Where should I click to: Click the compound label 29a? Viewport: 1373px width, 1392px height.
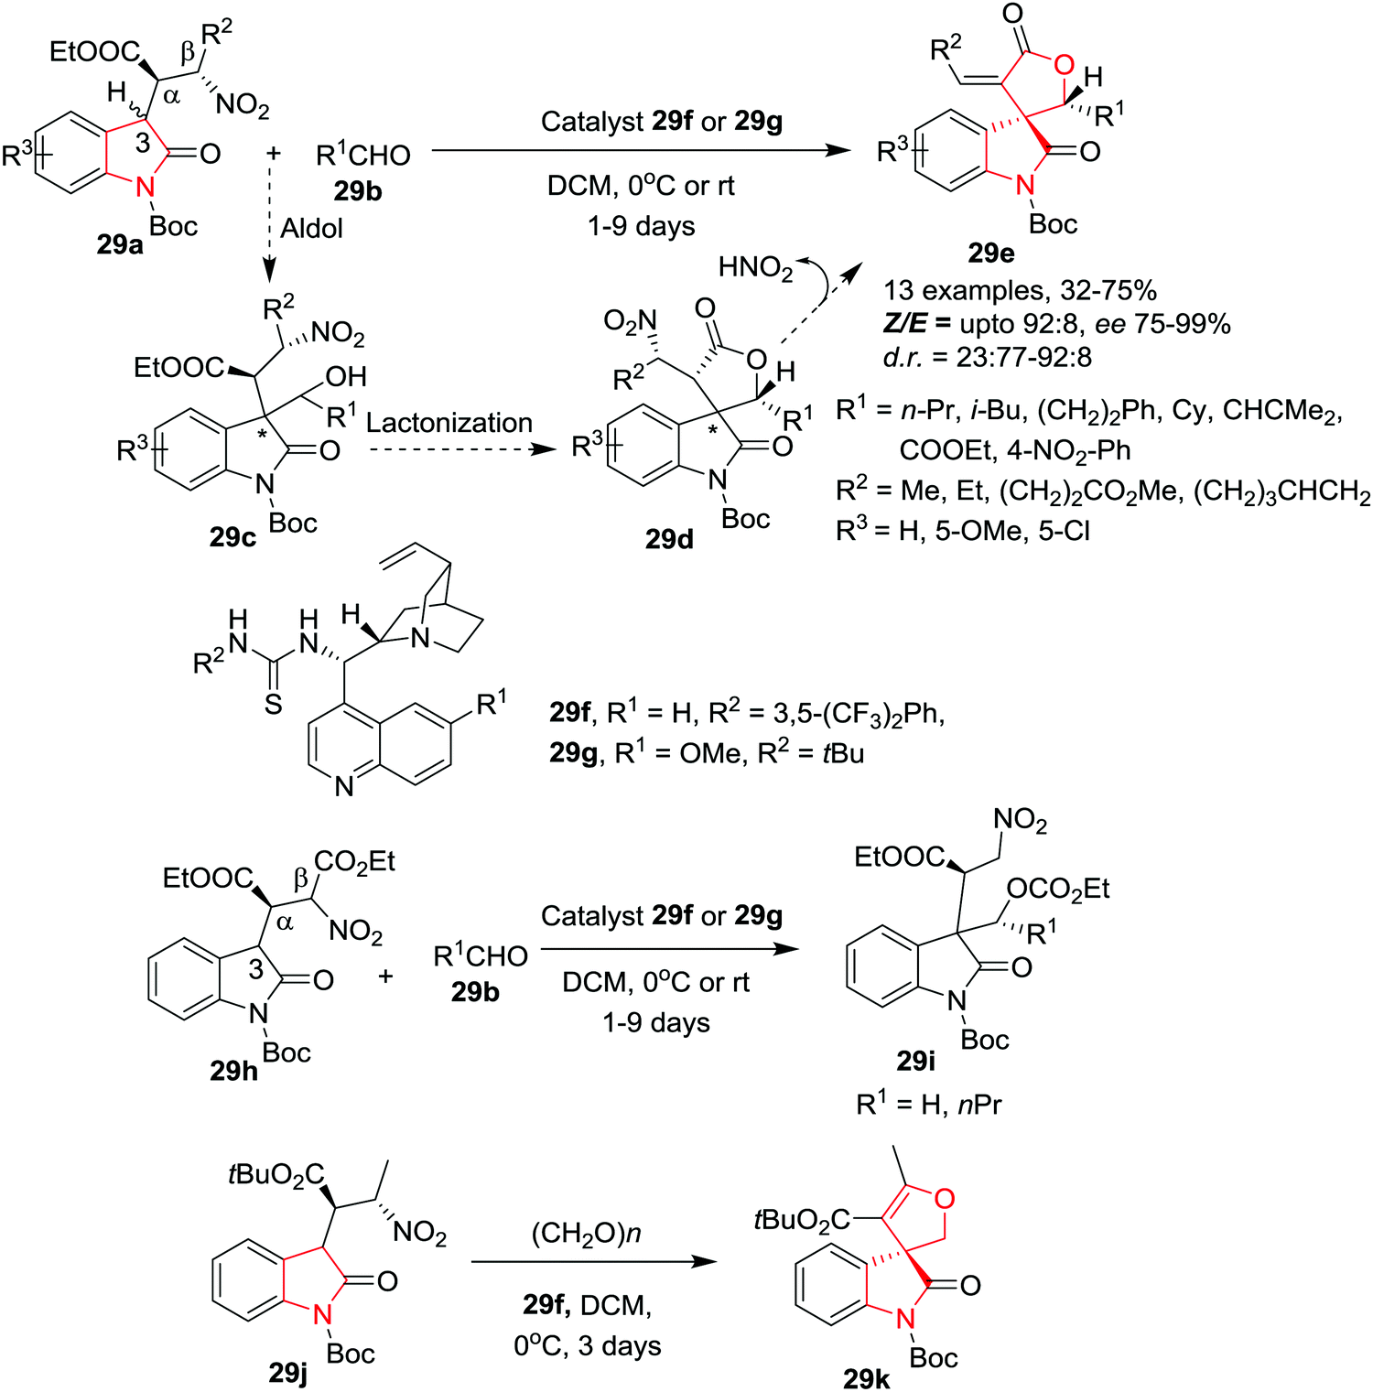pos(120,244)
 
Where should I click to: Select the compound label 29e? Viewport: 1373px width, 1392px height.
pos(990,252)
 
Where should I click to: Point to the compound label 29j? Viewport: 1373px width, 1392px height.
pos(287,1372)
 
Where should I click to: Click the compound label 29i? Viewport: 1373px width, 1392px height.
pos(915,1060)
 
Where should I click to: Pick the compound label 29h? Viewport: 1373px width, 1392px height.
pos(233,1070)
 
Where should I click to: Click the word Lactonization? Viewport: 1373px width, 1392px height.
pos(449,423)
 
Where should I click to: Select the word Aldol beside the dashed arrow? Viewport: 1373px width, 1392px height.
pos(311,228)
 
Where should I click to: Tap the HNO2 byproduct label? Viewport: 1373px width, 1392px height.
pos(755,268)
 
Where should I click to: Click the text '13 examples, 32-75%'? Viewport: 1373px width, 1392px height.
pos(1020,291)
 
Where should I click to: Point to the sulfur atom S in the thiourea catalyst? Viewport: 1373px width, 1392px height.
pos(273,704)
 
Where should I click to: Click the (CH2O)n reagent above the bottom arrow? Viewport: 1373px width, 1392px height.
pos(586,1234)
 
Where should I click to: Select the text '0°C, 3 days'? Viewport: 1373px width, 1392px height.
pos(587,1345)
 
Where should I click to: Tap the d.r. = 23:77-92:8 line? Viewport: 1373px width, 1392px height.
pos(987,357)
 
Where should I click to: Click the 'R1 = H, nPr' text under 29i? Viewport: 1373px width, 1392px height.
pos(928,1105)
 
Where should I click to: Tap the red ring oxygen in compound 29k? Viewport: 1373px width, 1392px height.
pos(945,1198)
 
